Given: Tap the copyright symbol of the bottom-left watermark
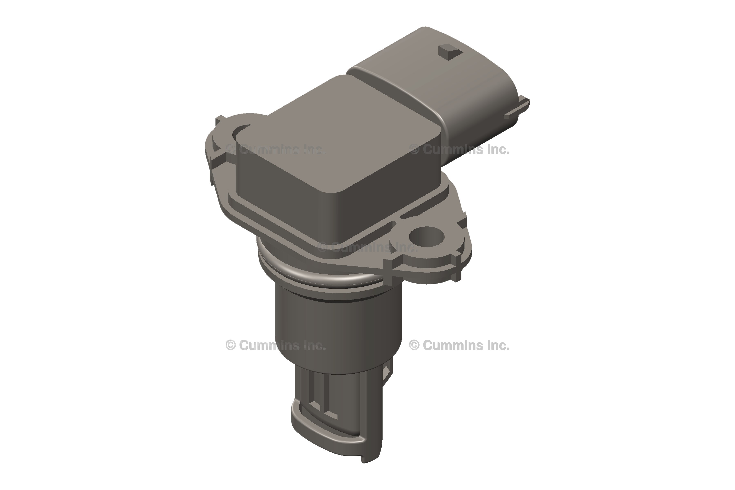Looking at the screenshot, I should pyautogui.click(x=230, y=345).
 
